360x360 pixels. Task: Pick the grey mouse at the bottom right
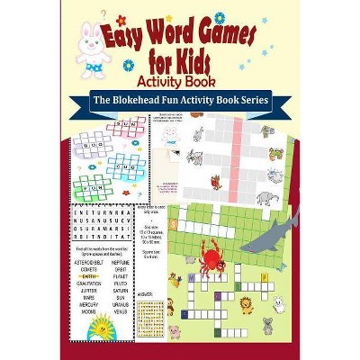[267, 321]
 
